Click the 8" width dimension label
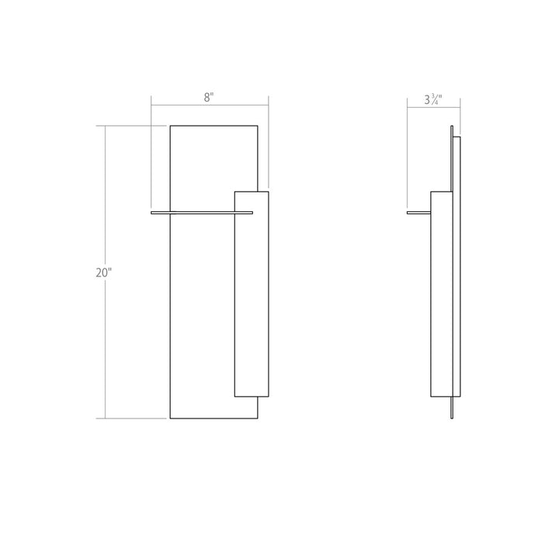click(x=208, y=98)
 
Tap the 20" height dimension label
click(x=104, y=273)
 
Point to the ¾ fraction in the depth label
click(x=439, y=99)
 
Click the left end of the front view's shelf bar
click(x=153, y=211)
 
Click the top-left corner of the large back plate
click(x=170, y=126)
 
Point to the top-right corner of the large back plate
click(x=258, y=126)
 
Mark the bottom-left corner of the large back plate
click(x=170, y=418)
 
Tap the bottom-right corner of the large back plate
click(x=258, y=418)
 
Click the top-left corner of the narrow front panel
click(x=234, y=191)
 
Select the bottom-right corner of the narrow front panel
click(x=269, y=397)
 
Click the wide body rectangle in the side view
click(x=441, y=295)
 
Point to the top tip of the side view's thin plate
click(x=452, y=127)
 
